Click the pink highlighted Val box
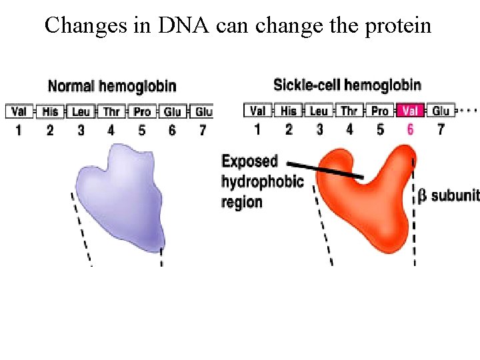(410, 111)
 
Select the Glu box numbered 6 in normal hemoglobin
(173, 112)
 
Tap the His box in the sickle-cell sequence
(289, 111)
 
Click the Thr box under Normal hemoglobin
(111, 112)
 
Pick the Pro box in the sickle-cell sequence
(380, 111)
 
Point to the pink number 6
(410, 129)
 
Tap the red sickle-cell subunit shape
(363, 200)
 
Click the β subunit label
(448, 196)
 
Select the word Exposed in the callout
(249, 161)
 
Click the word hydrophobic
(263, 181)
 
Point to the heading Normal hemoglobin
(112, 86)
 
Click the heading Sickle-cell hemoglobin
(347, 85)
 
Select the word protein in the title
(398, 25)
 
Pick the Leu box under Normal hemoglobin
(81, 112)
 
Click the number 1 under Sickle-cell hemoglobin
(257, 129)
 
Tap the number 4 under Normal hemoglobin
(111, 130)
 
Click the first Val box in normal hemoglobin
(19, 112)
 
